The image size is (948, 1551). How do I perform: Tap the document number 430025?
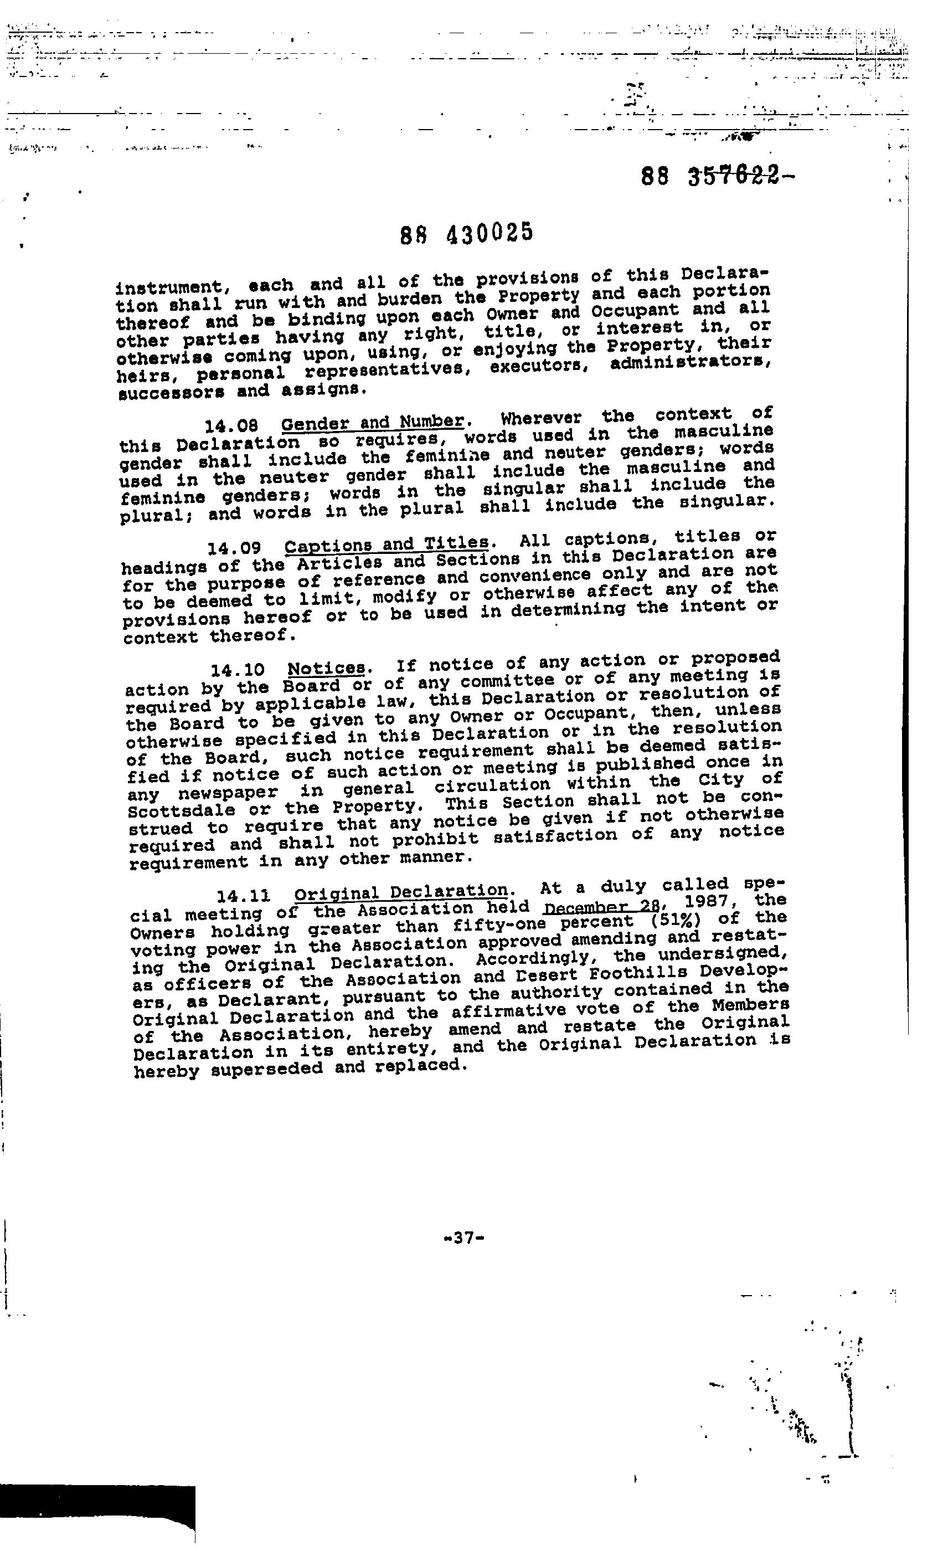pyautogui.click(x=490, y=233)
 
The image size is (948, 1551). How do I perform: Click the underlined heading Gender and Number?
pyautogui.click(x=373, y=422)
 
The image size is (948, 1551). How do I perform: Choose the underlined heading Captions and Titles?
pyautogui.click(x=387, y=543)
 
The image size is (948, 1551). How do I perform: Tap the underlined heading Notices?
pyautogui.click(x=327, y=668)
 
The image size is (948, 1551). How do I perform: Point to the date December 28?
pyautogui.click(x=601, y=908)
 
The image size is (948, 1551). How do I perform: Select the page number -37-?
pyautogui.click(x=463, y=1237)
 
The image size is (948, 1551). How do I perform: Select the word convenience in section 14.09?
pyautogui.click(x=535, y=576)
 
